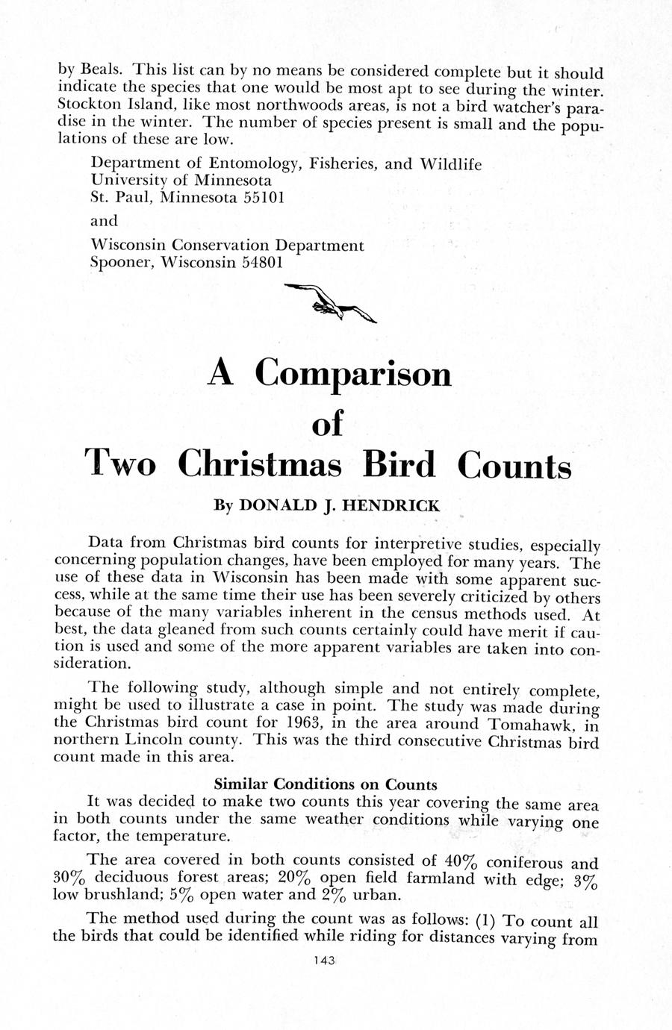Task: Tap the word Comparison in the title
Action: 353,374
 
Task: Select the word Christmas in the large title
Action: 260,464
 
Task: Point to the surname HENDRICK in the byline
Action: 392,506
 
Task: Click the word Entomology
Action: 254,163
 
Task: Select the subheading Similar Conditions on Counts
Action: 326,784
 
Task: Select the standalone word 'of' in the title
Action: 326,423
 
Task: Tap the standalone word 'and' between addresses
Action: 104,221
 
